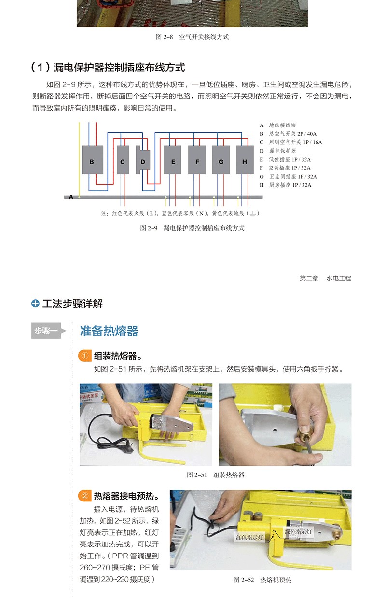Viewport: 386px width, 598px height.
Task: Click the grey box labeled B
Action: pyautogui.click(x=92, y=160)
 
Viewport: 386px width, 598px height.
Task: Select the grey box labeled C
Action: pyautogui.click(x=123, y=160)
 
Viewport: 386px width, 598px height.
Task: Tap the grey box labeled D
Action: pyautogui.click(x=143, y=160)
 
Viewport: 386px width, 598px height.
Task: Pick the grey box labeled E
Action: pyautogui.click(x=172, y=160)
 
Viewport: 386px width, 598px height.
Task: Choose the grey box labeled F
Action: pyautogui.click(x=197, y=160)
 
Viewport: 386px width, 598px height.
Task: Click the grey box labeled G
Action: pyautogui.click(x=221, y=160)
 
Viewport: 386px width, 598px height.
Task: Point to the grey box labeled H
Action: pyautogui.click(x=245, y=160)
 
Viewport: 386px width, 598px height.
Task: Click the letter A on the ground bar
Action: pyautogui.click(x=71, y=197)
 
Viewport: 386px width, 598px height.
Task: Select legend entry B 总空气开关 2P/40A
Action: pyautogui.click(x=288, y=134)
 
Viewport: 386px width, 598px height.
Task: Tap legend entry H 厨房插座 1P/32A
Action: pyautogui.click(x=285, y=185)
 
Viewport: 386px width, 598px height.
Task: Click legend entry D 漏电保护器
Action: pyautogui.click(x=278, y=151)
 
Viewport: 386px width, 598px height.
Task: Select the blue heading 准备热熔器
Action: pyautogui.click(x=109, y=331)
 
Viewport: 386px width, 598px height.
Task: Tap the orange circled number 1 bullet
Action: pyautogui.click(x=84, y=356)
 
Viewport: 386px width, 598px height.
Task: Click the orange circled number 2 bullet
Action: pyautogui.click(x=84, y=496)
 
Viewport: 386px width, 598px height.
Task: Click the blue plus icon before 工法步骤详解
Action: pyautogui.click(x=35, y=304)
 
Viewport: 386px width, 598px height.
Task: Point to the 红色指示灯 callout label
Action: pyautogui.click(x=249, y=537)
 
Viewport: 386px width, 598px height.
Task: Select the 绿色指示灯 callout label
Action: pyautogui.click(x=298, y=531)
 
